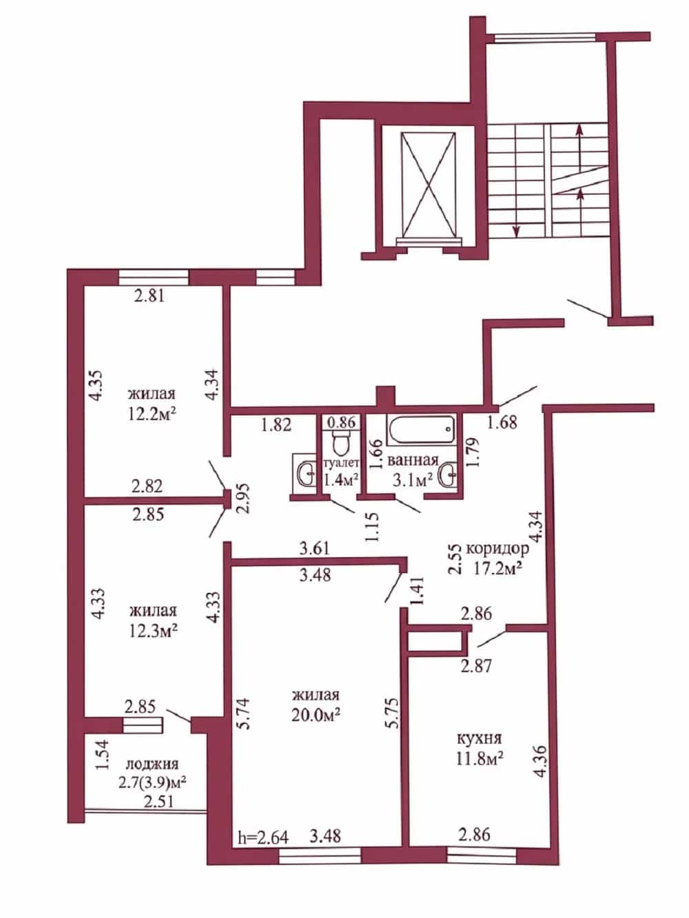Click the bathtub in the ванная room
coord(421,430)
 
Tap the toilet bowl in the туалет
coord(341,444)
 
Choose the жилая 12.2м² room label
coord(152,404)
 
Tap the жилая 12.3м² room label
coord(153,620)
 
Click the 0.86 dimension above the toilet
coord(341,422)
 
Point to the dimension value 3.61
coord(314,548)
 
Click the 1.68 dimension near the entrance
coord(502,422)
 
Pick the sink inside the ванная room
coord(448,474)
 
